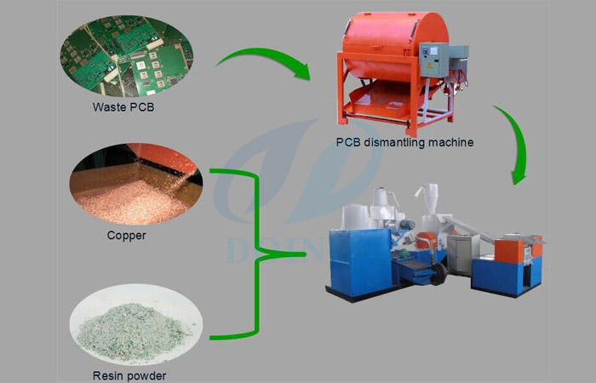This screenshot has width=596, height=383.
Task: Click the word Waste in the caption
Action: click(108, 108)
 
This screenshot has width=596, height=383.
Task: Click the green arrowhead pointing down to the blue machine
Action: click(519, 174)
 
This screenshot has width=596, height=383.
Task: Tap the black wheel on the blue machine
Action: click(439, 274)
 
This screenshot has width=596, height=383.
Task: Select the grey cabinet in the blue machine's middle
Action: click(459, 254)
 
